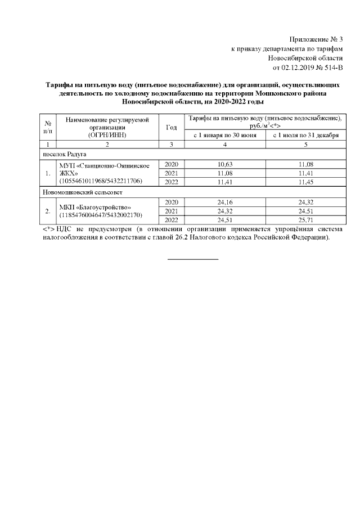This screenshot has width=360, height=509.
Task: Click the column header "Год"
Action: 172,127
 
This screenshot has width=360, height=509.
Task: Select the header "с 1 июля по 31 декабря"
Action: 304,136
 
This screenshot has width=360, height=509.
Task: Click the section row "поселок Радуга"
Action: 62,154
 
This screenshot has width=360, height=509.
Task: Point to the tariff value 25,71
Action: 304,220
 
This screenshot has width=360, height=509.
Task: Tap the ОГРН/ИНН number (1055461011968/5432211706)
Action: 101,181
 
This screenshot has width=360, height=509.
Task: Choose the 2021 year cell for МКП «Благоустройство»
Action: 172,211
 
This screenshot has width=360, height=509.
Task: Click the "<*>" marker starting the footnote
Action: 48,229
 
